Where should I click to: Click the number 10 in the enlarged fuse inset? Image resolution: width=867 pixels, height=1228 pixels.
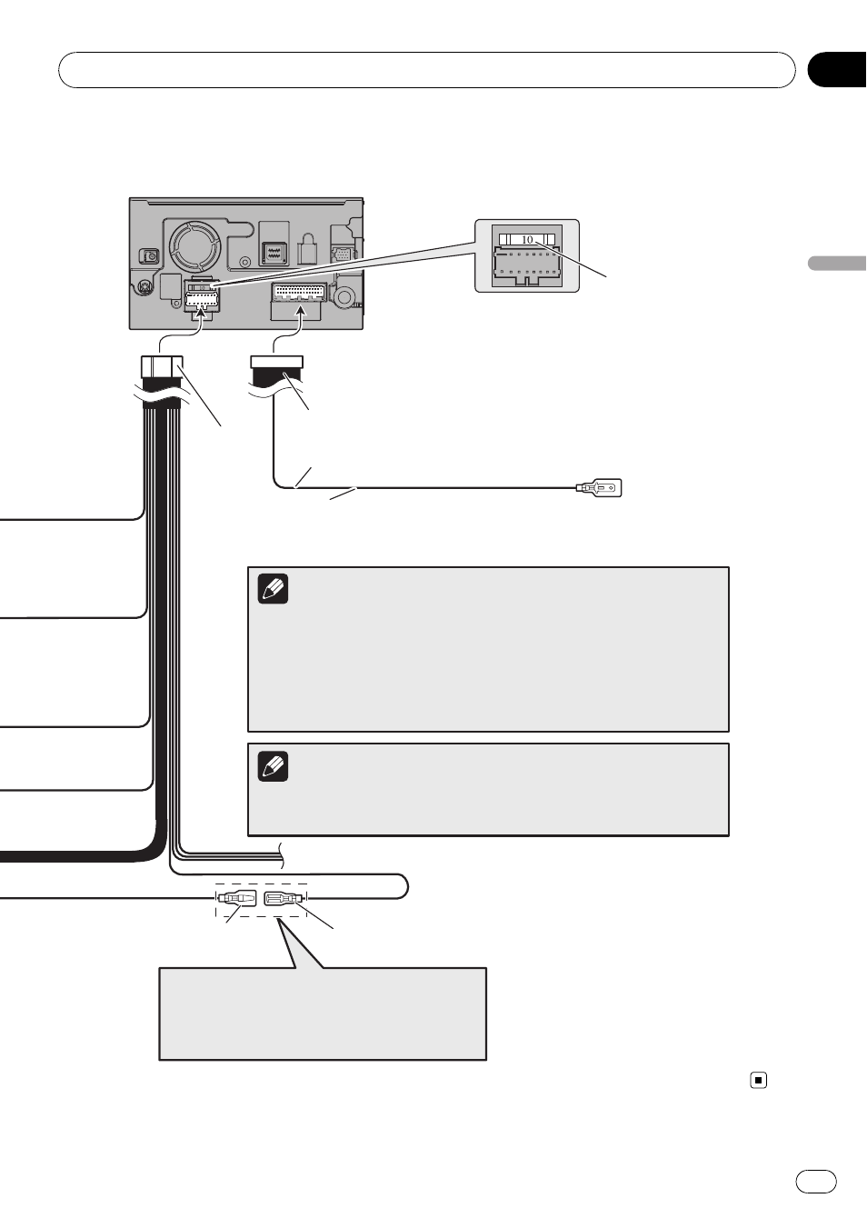click(527, 240)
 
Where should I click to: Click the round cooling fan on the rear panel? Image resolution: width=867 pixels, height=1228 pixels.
click(194, 246)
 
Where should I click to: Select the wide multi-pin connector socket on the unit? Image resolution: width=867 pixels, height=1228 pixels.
click(299, 294)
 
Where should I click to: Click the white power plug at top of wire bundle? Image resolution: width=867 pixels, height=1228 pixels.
click(162, 366)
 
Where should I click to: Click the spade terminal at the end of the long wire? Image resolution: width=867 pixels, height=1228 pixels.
click(599, 487)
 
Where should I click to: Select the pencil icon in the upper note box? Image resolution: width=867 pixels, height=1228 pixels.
click(273, 589)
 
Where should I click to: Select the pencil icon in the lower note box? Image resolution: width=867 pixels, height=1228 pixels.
click(273, 766)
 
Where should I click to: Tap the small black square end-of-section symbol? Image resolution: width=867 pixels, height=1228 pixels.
click(759, 1080)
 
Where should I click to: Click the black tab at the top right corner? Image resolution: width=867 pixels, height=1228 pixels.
click(837, 70)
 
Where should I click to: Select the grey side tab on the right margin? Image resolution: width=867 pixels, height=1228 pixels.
click(837, 263)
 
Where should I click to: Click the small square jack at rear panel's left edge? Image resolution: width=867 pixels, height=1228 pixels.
click(148, 256)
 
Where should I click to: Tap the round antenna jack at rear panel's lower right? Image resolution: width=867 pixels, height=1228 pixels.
click(344, 296)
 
